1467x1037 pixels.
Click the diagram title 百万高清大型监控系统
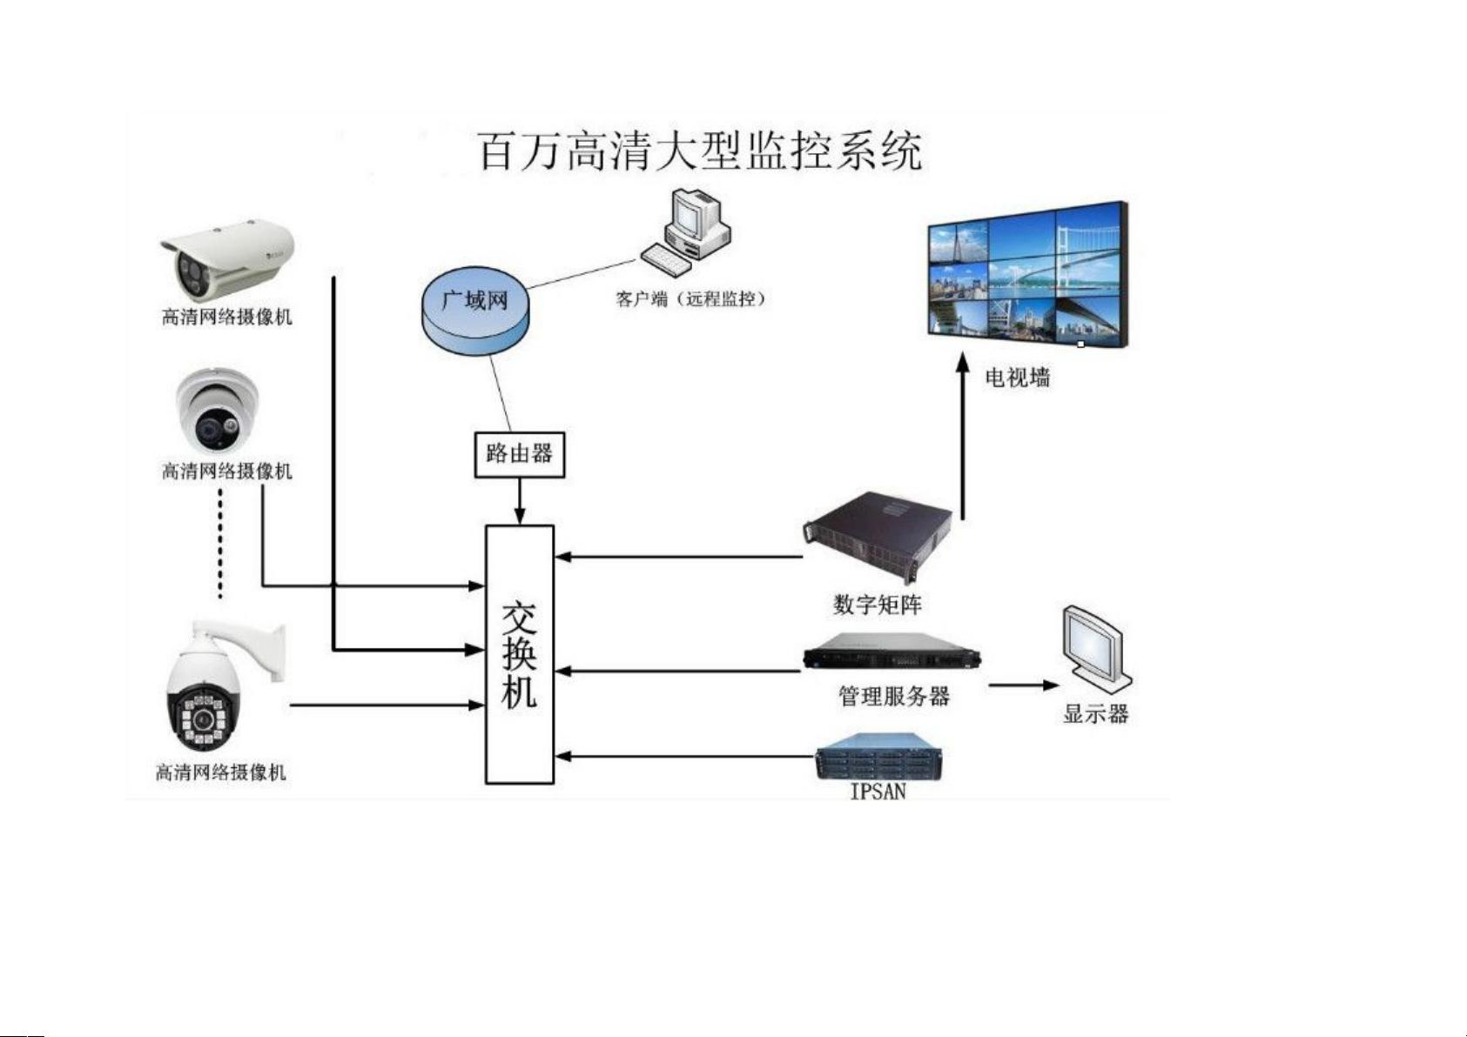pos(702,151)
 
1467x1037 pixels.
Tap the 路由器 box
pos(520,454)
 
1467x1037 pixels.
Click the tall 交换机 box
pos(520,654)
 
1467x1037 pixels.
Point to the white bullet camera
pos(228,259)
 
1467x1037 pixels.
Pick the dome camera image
pos(217,411)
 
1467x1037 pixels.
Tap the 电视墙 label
pos(1017,378)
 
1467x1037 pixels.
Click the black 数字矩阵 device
pos(878,538)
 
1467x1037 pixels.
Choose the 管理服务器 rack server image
pos(892,652)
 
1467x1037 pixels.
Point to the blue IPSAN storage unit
pos(878,756)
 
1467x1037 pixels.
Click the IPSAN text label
pos(878,792)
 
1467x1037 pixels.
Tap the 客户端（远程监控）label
pos(690,299)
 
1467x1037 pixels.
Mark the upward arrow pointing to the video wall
pos(963,436)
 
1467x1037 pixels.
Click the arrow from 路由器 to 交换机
pos(520,501)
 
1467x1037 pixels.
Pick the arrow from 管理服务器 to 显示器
pos(1024,686)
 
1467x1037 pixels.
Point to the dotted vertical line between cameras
pos(220,545)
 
